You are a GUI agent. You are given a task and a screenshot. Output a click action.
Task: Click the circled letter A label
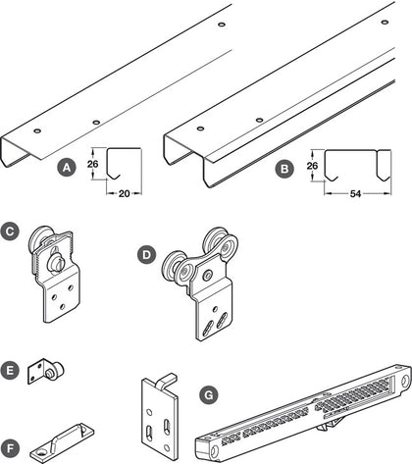(67, 168)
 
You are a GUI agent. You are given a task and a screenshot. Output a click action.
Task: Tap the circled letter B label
(284, 169)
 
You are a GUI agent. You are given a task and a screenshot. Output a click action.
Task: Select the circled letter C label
(10, 232)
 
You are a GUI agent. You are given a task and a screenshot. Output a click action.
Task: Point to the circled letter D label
(147, 255)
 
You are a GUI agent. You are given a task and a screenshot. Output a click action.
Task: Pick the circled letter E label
(10, 371)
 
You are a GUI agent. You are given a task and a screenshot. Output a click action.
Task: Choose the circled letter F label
(10, 448)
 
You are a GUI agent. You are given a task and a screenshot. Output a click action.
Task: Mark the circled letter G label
(208, 395)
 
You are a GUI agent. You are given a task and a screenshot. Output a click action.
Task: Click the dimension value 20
(124, 194)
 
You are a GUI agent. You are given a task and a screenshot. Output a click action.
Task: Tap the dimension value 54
(355, 194)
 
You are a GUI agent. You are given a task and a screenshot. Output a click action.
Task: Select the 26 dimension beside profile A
(92, 164)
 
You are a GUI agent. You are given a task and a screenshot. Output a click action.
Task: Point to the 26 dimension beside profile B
(312, 166)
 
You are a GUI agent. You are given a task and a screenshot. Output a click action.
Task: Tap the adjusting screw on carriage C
(56, 263)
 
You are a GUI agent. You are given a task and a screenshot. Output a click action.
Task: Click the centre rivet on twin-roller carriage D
(207, 276)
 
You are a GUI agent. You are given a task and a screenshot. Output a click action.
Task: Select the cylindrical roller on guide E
(54, 370)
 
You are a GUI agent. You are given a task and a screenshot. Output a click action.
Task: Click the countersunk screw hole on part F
(41, 452)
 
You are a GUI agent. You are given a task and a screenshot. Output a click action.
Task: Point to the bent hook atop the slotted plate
(167, 382)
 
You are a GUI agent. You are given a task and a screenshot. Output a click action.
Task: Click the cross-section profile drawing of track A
(113, 164)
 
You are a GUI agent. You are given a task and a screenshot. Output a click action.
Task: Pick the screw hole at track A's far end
(222, 25)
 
